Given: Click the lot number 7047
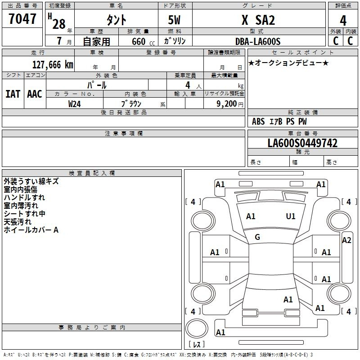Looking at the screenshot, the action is (x=22, y=19).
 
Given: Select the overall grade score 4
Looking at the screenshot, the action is (x=343, y=21).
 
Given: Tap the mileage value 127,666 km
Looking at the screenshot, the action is (x=53, y=65).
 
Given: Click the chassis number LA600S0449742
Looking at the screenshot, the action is (x=302, y=143).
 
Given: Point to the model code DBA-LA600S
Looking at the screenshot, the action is (x=258, y=41).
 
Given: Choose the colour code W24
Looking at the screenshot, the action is (x=74, y=104).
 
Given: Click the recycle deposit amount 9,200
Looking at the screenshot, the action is (x=226, y=104).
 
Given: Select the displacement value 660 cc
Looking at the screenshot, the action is (x=143, y=42).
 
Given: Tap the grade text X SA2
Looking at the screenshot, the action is (x=258, y=20).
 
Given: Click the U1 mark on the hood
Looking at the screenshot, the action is (x=290, y=216).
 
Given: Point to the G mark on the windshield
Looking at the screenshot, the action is (x=257, y=237).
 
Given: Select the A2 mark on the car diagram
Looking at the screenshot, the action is (x=346, y=240).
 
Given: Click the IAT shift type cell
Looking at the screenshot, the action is (x=13, y=94).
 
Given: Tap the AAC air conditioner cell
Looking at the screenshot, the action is (x=35, y=94).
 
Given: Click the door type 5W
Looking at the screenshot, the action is (x=174, y=20).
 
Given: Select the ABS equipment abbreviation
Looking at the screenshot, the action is (x=258, y=121).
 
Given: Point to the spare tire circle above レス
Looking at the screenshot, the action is (x=196, y=328).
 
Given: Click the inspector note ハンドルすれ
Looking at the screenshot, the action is (x=24, y=198).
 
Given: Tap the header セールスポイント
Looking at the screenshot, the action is (x=302, y=53).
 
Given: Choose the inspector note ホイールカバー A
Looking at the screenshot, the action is (x=31, y=230).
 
